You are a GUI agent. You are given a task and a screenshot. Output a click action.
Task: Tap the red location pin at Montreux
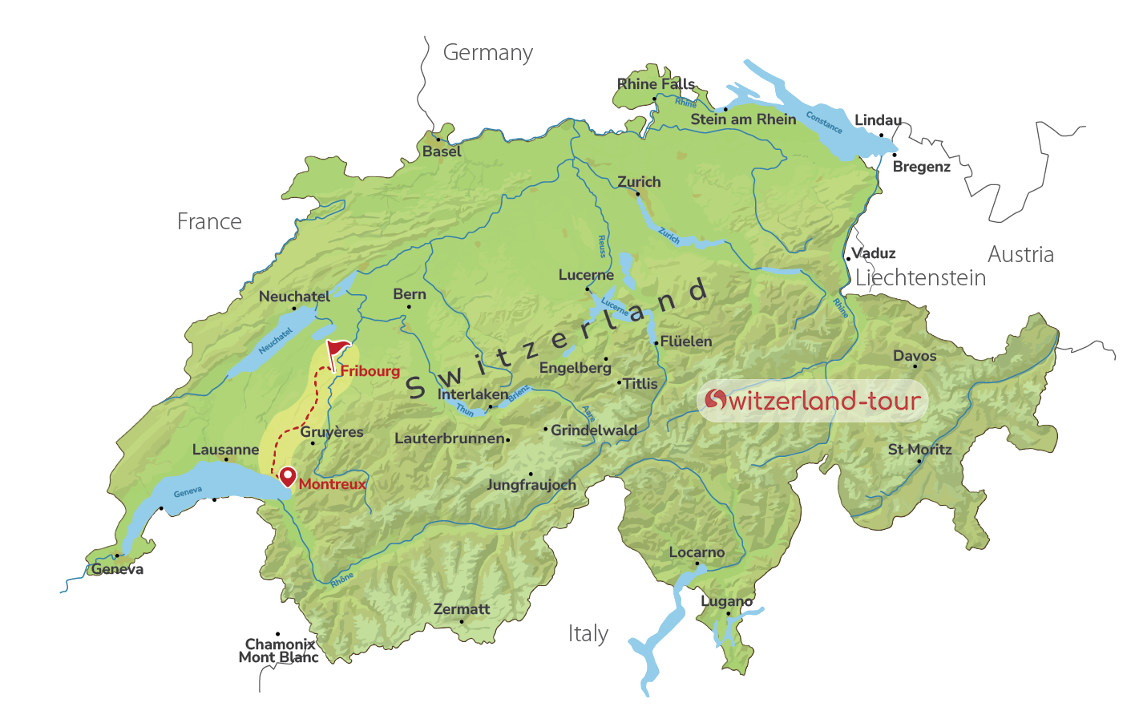point(286,476)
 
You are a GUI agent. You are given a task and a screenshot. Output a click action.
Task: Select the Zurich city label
point(639,182)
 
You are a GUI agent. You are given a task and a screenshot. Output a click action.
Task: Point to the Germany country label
point(487,53)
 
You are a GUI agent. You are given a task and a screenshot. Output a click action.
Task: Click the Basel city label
point(442,151)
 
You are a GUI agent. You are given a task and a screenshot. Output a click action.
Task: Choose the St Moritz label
point(919,450)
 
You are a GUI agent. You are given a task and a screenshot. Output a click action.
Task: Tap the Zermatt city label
point(461,609)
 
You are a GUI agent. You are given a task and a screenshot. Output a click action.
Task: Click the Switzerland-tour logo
point(813,401)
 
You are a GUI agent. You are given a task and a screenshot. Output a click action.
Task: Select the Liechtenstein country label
point(920,278)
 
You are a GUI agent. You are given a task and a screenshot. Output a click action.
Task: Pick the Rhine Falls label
point(656,84)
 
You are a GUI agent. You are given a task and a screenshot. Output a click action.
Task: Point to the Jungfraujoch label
point(531,485)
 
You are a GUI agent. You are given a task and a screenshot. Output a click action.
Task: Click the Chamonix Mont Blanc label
point(279,651)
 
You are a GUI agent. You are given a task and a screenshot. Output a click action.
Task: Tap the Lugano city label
point(726,601)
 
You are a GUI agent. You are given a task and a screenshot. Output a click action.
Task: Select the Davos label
point(915,356)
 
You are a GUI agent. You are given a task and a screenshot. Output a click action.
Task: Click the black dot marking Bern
point(409,307)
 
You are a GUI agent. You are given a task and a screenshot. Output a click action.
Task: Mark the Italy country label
point(588,634)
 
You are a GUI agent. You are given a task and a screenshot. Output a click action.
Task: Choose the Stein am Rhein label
point(743,119)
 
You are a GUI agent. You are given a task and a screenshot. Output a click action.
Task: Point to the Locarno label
point(697,552)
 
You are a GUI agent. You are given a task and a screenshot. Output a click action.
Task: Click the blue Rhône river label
point(342,580)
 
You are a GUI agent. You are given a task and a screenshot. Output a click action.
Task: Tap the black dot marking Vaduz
point(848,258)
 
